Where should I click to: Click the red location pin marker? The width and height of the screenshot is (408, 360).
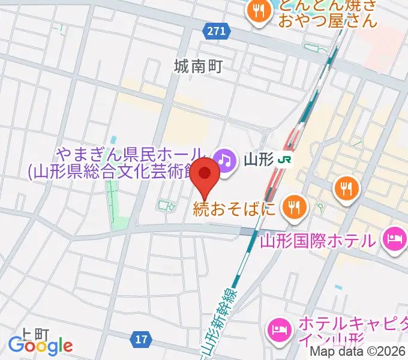point(206,176)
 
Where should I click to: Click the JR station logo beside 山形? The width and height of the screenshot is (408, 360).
point(286,160)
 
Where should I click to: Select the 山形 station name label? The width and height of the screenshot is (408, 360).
point(259,160)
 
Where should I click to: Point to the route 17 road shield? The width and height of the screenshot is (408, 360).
point(140,340)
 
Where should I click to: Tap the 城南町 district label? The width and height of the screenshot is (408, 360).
point(198,66)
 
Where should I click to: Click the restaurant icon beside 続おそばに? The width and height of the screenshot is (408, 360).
point(294,208)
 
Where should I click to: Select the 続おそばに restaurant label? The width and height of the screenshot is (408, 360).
point(235,209)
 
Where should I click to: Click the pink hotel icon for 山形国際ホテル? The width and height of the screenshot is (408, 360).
point(394,239)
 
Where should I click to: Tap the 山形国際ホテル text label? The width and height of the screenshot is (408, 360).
point(317,241)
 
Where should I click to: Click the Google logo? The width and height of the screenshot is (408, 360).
point(40,346)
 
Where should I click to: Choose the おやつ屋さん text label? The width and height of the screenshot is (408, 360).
point(327,22)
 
